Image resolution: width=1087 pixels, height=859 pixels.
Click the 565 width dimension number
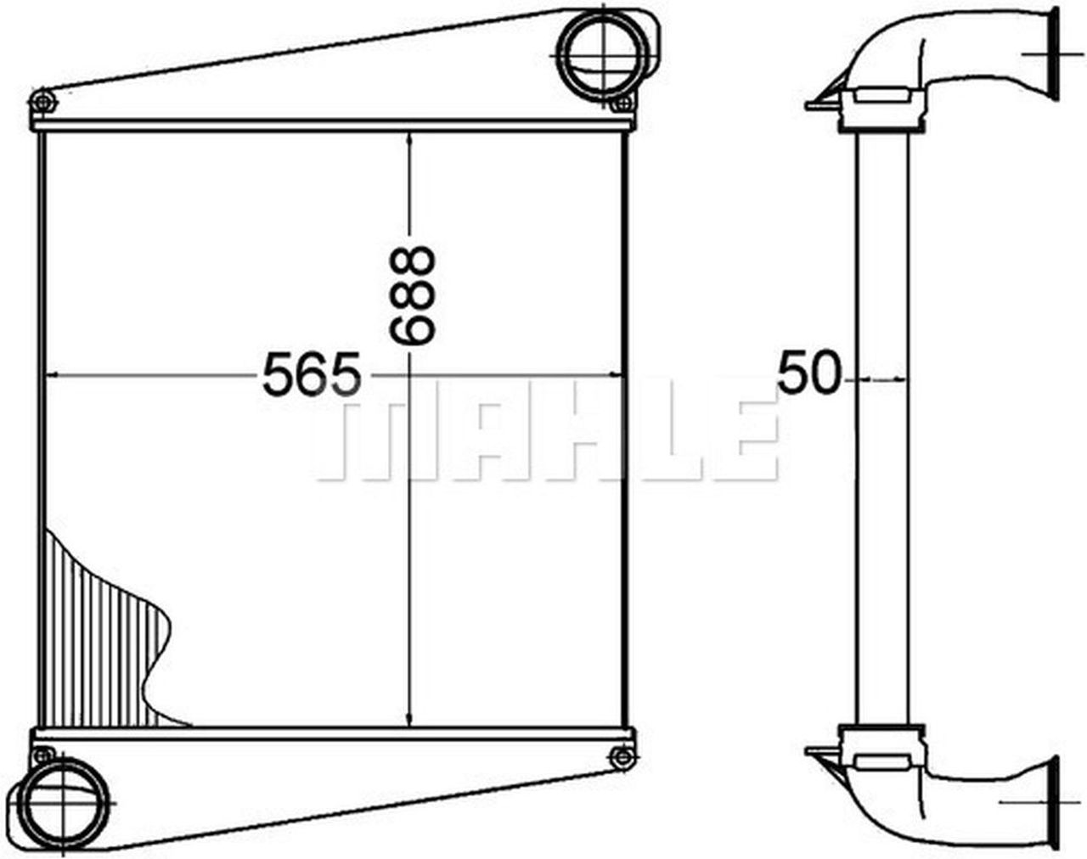tap(313, 373)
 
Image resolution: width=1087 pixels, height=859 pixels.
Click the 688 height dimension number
tap(412, 295)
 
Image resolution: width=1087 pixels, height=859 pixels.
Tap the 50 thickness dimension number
tap(809, 373)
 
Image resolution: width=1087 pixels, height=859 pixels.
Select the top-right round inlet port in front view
tap(604, 54)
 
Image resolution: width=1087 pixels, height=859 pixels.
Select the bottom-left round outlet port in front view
tap(65, 802)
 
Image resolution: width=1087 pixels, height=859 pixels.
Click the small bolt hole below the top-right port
tap(623, 104)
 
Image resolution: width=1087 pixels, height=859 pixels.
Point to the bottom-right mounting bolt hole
tap(622, 757)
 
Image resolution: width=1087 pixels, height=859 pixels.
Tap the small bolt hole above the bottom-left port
tap(43, 755)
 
